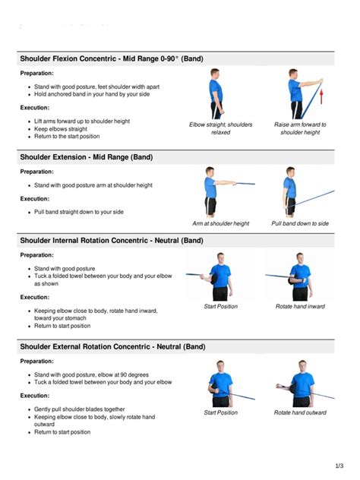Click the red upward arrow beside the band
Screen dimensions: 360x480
[321, 93]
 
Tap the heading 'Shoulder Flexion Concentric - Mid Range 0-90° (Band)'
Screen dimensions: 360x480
[112, 58]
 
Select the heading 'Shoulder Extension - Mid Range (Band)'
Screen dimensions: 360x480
[87, 157]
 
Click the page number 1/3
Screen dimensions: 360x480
[339, 466]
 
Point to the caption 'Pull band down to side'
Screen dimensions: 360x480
[300, 223]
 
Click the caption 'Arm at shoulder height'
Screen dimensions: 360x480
[221, 223]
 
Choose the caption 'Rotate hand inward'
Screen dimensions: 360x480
[300, 306]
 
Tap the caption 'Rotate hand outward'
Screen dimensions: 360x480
[300, 412]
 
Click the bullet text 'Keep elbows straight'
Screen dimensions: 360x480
[61, 129]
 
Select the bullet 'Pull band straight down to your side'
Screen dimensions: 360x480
[79, 212]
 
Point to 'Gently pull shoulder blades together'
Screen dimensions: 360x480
[79, 409]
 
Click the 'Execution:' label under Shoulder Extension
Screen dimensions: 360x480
[35, 199]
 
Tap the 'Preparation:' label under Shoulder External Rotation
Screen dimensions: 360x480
[36, 362]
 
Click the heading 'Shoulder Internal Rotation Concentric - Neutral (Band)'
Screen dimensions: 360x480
[112, 240]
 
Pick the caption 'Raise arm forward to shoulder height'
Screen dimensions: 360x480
[300, 128]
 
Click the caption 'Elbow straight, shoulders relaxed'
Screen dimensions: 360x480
[221, 128]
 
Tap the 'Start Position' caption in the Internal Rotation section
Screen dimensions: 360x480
[221, 306]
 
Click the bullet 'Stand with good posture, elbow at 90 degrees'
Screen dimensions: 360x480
[91, 374]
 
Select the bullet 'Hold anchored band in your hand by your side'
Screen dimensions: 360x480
[92, 94]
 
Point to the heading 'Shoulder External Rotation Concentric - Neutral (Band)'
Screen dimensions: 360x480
[112, 346]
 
